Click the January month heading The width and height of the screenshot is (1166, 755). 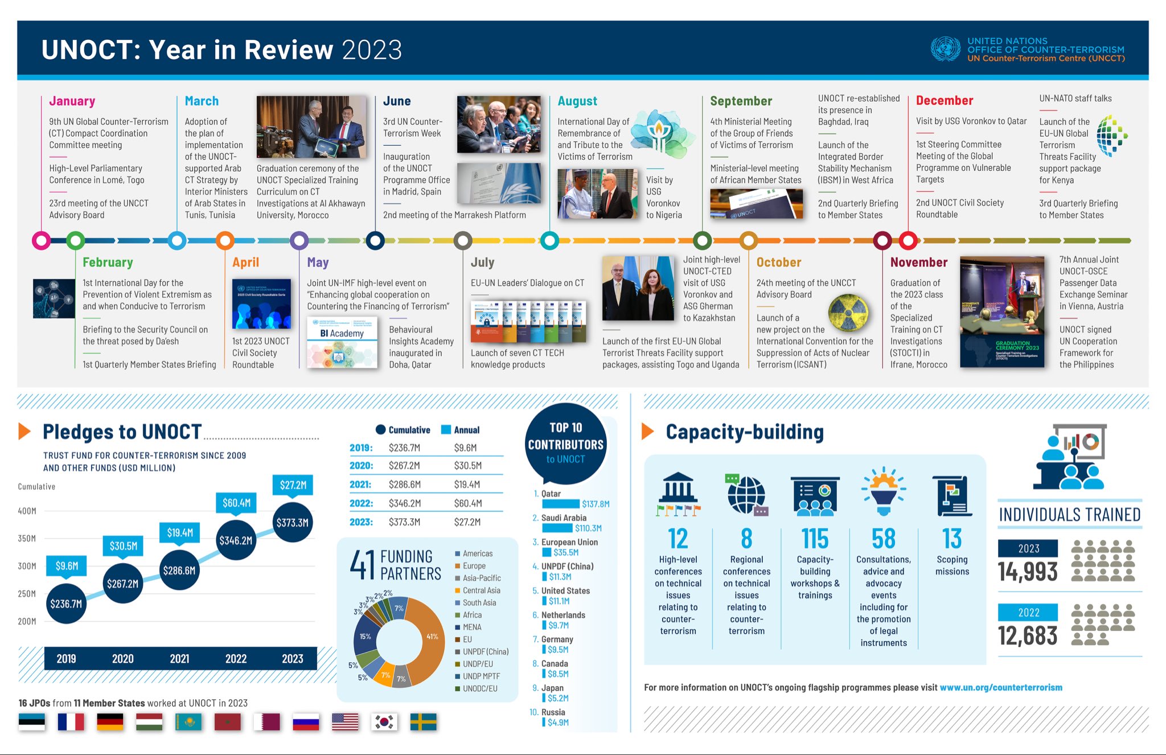pos(72,101)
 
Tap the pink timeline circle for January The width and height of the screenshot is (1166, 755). pos(42,240)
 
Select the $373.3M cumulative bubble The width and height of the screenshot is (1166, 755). pos(293,523)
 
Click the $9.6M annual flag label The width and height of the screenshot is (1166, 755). pos(67,565)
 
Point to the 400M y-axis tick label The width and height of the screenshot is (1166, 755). pos(27,511)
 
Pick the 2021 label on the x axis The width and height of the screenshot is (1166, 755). pos(179,659)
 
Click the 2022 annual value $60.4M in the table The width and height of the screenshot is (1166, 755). pos(468,503)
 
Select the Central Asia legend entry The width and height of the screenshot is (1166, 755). pos(481,590)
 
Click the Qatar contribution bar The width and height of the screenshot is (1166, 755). pos(560,504)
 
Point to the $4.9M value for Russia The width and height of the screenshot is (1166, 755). pos(558,723)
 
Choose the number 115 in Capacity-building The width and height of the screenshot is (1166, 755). pos(815,539)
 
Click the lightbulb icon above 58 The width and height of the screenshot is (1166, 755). pos(883,491)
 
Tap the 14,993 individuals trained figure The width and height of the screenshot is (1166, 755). pos(1028,572)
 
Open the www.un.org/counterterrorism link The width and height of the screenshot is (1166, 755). pos(1001,687)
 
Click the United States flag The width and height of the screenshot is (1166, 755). pos(345,721)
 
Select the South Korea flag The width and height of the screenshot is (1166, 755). pos(384,721)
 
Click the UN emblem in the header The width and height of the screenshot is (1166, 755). pos(945,49)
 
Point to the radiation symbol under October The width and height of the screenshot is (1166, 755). pos(848,313)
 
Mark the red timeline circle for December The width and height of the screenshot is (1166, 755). pos(908,240)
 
